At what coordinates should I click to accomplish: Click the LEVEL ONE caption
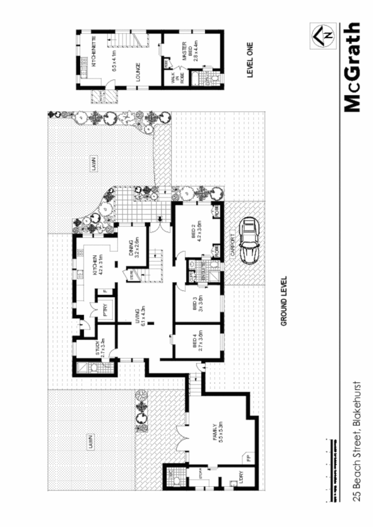(x=251, y=61)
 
